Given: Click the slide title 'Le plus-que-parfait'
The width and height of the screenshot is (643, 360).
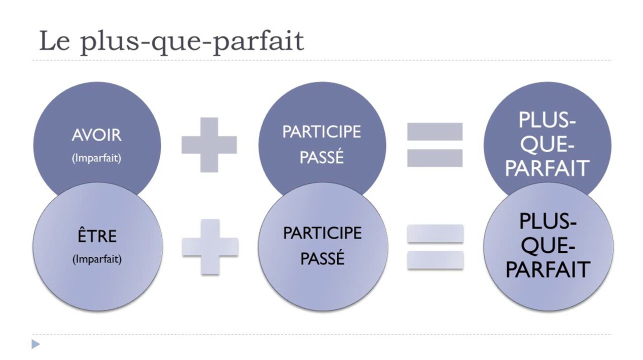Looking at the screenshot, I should click(x=171, y=41).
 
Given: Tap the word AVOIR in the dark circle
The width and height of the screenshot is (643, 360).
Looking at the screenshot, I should click(x=96, y=135).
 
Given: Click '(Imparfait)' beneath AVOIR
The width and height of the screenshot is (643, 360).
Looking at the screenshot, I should click(x=96, y=158).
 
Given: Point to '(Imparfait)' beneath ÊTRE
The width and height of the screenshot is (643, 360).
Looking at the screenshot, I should click(x=97, y=259).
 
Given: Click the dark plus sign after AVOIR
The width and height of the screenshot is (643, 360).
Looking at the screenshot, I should click(x=208, y=145).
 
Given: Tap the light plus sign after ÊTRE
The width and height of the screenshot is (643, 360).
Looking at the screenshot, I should click(x=209, y=246).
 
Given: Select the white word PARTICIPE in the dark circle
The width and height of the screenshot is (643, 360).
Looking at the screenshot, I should click(x=321, y=132).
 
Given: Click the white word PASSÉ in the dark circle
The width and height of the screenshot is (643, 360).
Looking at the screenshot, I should click(x=321, y=157).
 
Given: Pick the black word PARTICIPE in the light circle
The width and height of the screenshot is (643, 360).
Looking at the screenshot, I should click(x=322, y=233).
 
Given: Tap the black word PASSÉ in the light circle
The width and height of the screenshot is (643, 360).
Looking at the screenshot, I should click(x=322, y=259).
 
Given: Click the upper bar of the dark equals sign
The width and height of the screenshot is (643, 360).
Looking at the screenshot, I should click(x=434, y=132).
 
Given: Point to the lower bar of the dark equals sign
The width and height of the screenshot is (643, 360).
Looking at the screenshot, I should click(x=434, y=158).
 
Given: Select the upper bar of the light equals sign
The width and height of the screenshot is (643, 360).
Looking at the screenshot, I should click(x=435, y=233).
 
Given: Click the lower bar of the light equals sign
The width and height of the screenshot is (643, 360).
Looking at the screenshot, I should click(x=435, y=259).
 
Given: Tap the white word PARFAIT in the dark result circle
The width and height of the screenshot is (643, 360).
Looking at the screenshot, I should click(x=547, y=168).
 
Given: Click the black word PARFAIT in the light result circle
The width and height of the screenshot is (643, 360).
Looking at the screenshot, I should click(x=548, y=269).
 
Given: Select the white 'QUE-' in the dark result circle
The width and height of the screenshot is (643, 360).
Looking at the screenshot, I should click(x=547, y=144).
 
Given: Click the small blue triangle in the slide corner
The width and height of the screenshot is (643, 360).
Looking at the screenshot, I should click(x=35, y=344).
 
